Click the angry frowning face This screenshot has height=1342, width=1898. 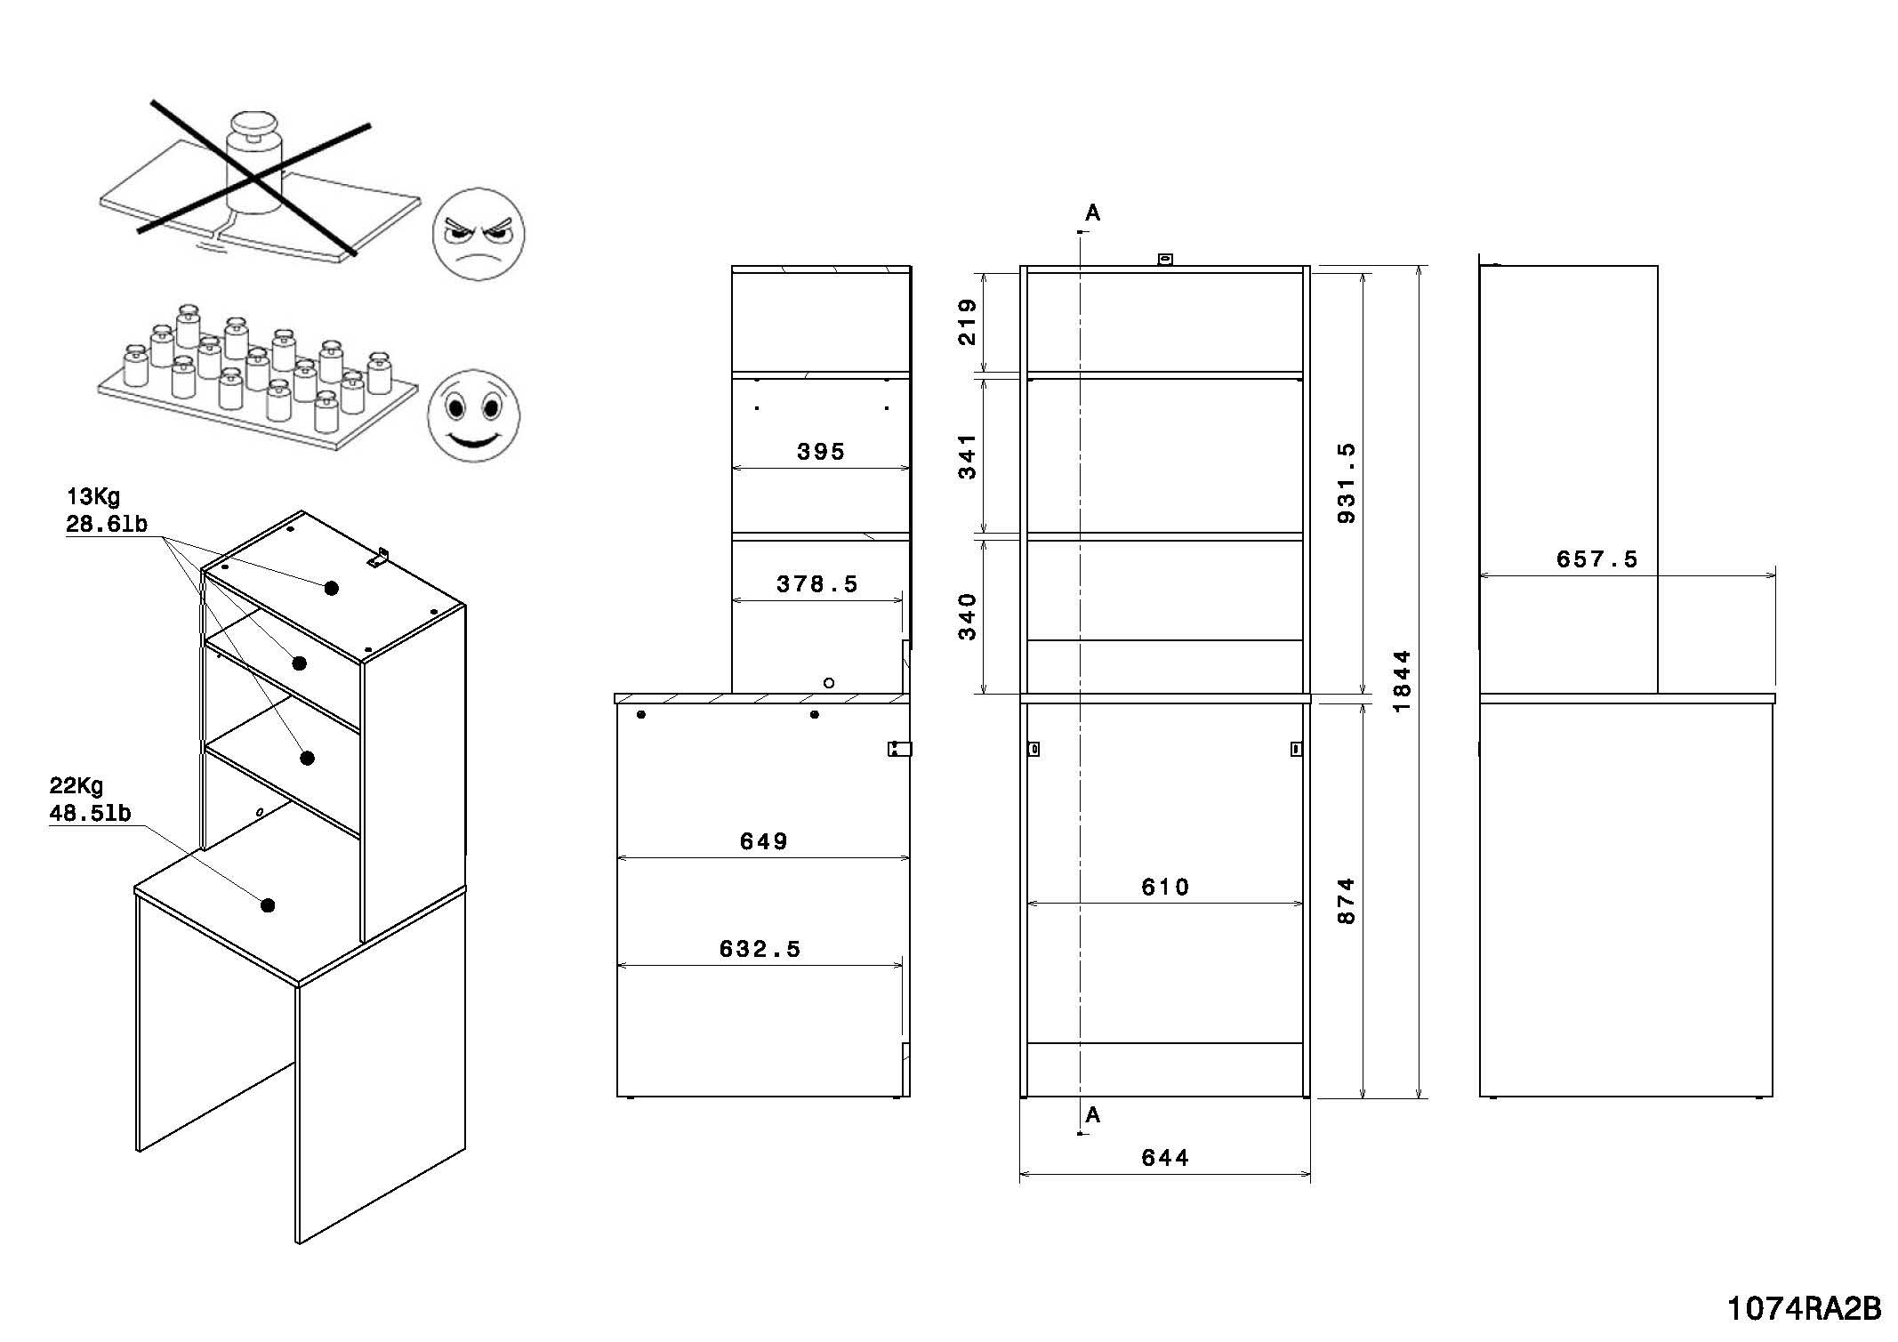pyautogui.click(x=479, y=235)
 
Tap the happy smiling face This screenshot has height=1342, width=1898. pyautogui.click(x=472, y=415)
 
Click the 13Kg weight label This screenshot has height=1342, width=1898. pyautogui.click(x=93, y=496)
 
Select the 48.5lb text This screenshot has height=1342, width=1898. pyautogui.click(x=91, y=813)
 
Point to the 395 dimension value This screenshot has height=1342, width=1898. pyautogui.click(x=820, y=452)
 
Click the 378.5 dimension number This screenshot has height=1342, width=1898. pyautogui.click(x=816, y=584)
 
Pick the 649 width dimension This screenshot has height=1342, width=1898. pyautogui.click(x=763, y=841)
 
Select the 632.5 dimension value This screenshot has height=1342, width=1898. pyautogui.click(x=760, y=949)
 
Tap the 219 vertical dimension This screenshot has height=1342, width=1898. pyautogui.click(x=968, y=322)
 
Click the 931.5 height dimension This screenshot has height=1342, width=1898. pyautogui.click(x=1347, y=483)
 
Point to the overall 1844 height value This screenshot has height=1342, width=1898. pyautogui.click(x=1402, y=681)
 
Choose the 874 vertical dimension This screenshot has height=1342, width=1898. pyautogui.click(x=1347, y=901)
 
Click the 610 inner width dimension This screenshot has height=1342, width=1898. pyautogui.click(x=1164, y=887)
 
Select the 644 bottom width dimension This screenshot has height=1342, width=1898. pyautogui.click(x=1164, y=1157)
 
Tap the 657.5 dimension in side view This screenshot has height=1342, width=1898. pyautogui.click(x=1596, y=559)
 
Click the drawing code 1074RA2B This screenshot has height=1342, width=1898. pyautogui.click(x=1804, y=1309)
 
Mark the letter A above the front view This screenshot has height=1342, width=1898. pyautogui.click(x=1093, y=213)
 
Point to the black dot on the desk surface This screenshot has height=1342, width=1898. pyautogui.click(x=268, y=905)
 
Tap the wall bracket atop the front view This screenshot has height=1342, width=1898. pyautogui.click(x=1164, y=259)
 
